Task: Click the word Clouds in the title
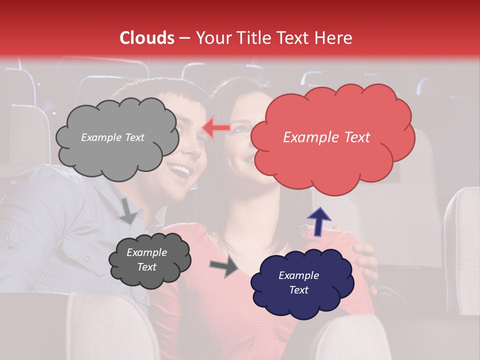pos(147,38)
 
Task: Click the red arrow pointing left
pos(215,128)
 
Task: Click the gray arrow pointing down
pos(128,210)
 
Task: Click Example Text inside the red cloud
pos(326,137)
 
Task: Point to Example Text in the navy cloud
pos(298,282)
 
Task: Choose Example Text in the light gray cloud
pos(112,137)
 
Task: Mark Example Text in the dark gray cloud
pos(146,259)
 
